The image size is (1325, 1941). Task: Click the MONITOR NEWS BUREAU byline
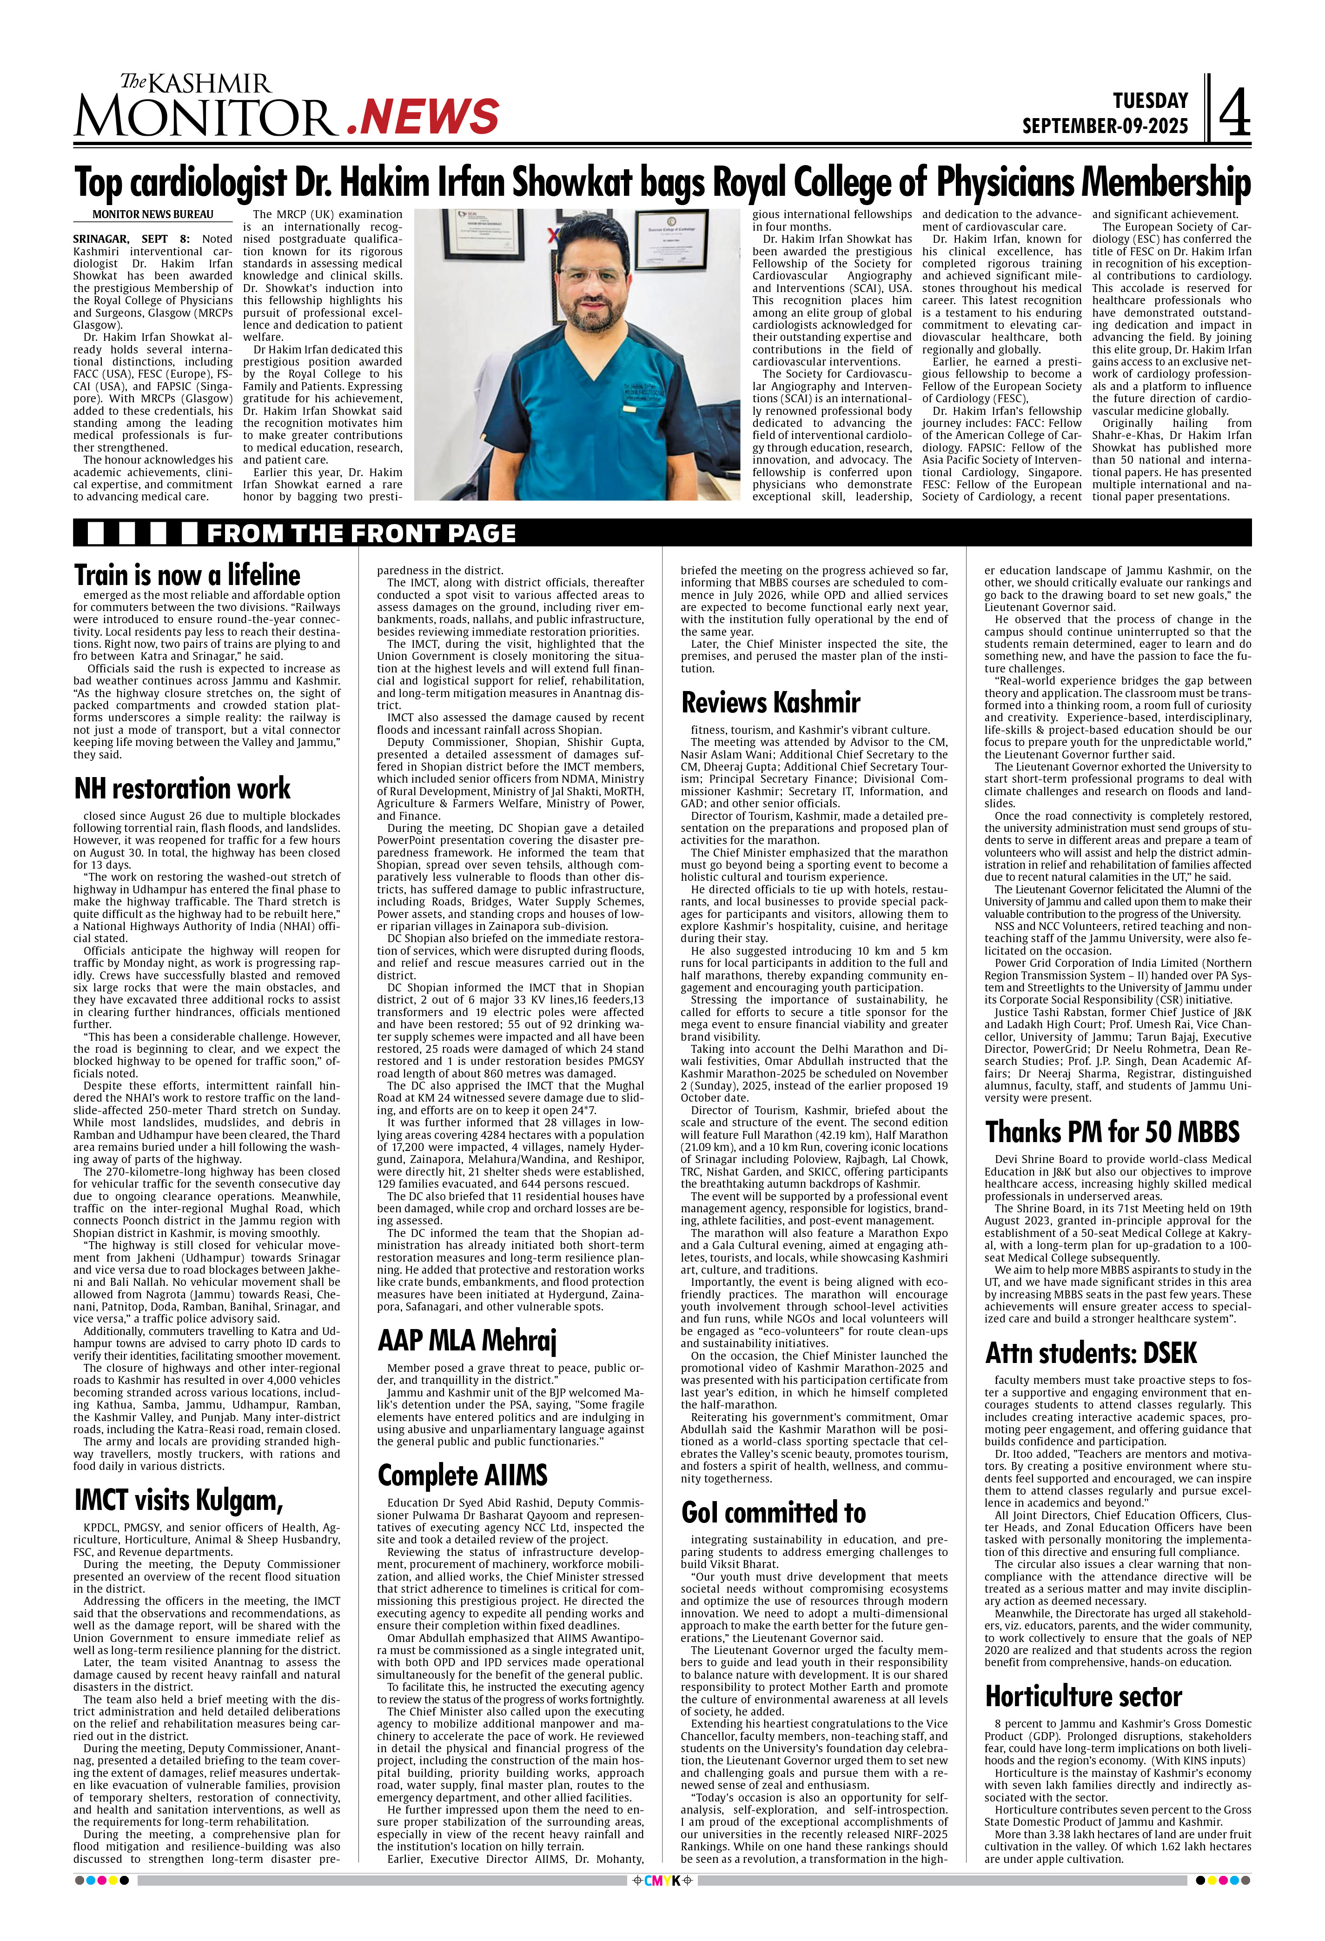[x=153, y=215]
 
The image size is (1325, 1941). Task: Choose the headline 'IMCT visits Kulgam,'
[x=179, y=1500]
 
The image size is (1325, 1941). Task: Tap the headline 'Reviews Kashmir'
[x=771, y=702]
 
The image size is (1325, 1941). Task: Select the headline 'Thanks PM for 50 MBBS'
[x=1112, y=1132]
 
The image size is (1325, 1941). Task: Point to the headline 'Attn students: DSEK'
[x=1091, y=1353]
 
